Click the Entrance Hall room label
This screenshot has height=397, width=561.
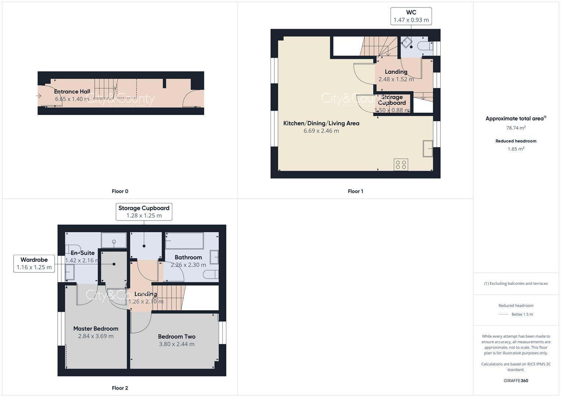(72, 92)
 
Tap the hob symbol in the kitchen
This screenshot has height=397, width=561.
(401, 165)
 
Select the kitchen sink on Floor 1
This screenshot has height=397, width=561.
(428, 149)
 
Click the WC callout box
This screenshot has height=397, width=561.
(411, 16)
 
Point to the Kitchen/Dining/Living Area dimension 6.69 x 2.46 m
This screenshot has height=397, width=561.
(321, 131)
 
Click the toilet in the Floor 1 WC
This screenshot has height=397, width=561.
(425, 46)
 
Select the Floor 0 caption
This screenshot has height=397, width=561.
(120, 191)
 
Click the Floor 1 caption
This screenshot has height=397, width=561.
(355, 191)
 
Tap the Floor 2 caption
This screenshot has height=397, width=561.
(120, 388)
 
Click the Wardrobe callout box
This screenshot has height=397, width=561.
(34, 264)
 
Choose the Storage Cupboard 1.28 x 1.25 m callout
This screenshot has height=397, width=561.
(144, 212)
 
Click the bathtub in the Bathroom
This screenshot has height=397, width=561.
(184, 241)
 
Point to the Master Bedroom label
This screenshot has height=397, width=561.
(96, 329)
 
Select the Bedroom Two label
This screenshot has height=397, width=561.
(176, 336)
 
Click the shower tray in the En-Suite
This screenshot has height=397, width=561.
(114, 240)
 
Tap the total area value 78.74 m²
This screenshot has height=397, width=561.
(516, 128)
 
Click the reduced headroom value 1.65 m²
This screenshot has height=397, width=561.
(516, 149)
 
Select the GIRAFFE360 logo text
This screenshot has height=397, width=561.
(516, 380)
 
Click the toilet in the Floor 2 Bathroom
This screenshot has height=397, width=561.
(211, 274)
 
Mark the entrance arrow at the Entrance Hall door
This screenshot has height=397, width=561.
(39, 96)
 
